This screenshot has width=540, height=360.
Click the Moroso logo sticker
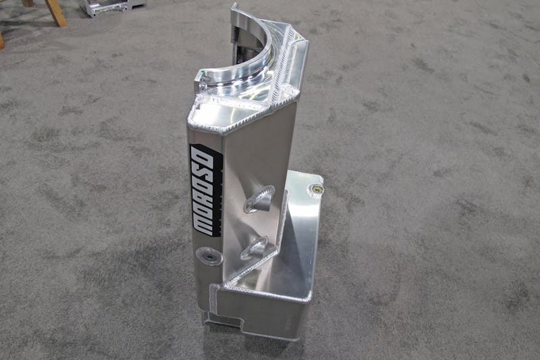207,190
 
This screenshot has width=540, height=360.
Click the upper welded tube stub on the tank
260,198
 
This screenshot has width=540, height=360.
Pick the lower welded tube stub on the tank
254,247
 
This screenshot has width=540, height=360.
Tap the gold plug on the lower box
317,189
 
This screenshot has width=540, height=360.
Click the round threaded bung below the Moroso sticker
209,256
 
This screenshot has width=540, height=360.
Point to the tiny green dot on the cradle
204,72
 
